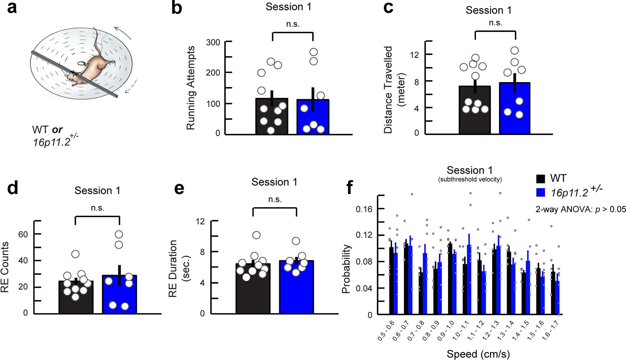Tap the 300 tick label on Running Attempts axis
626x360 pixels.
(x=213, y=42)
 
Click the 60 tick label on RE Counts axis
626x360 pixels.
(x=23, y=235)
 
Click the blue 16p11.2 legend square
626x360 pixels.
(x=540, y=192)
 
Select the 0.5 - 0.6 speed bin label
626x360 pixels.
(x=386, y=331)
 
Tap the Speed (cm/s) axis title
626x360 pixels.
(x=478, y=354)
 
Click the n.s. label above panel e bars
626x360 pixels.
(x=275, y=199)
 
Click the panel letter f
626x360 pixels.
(x=350, y=187)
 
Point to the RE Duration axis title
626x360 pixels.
(x=177, y=268)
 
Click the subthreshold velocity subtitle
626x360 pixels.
(x=470, y=179)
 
